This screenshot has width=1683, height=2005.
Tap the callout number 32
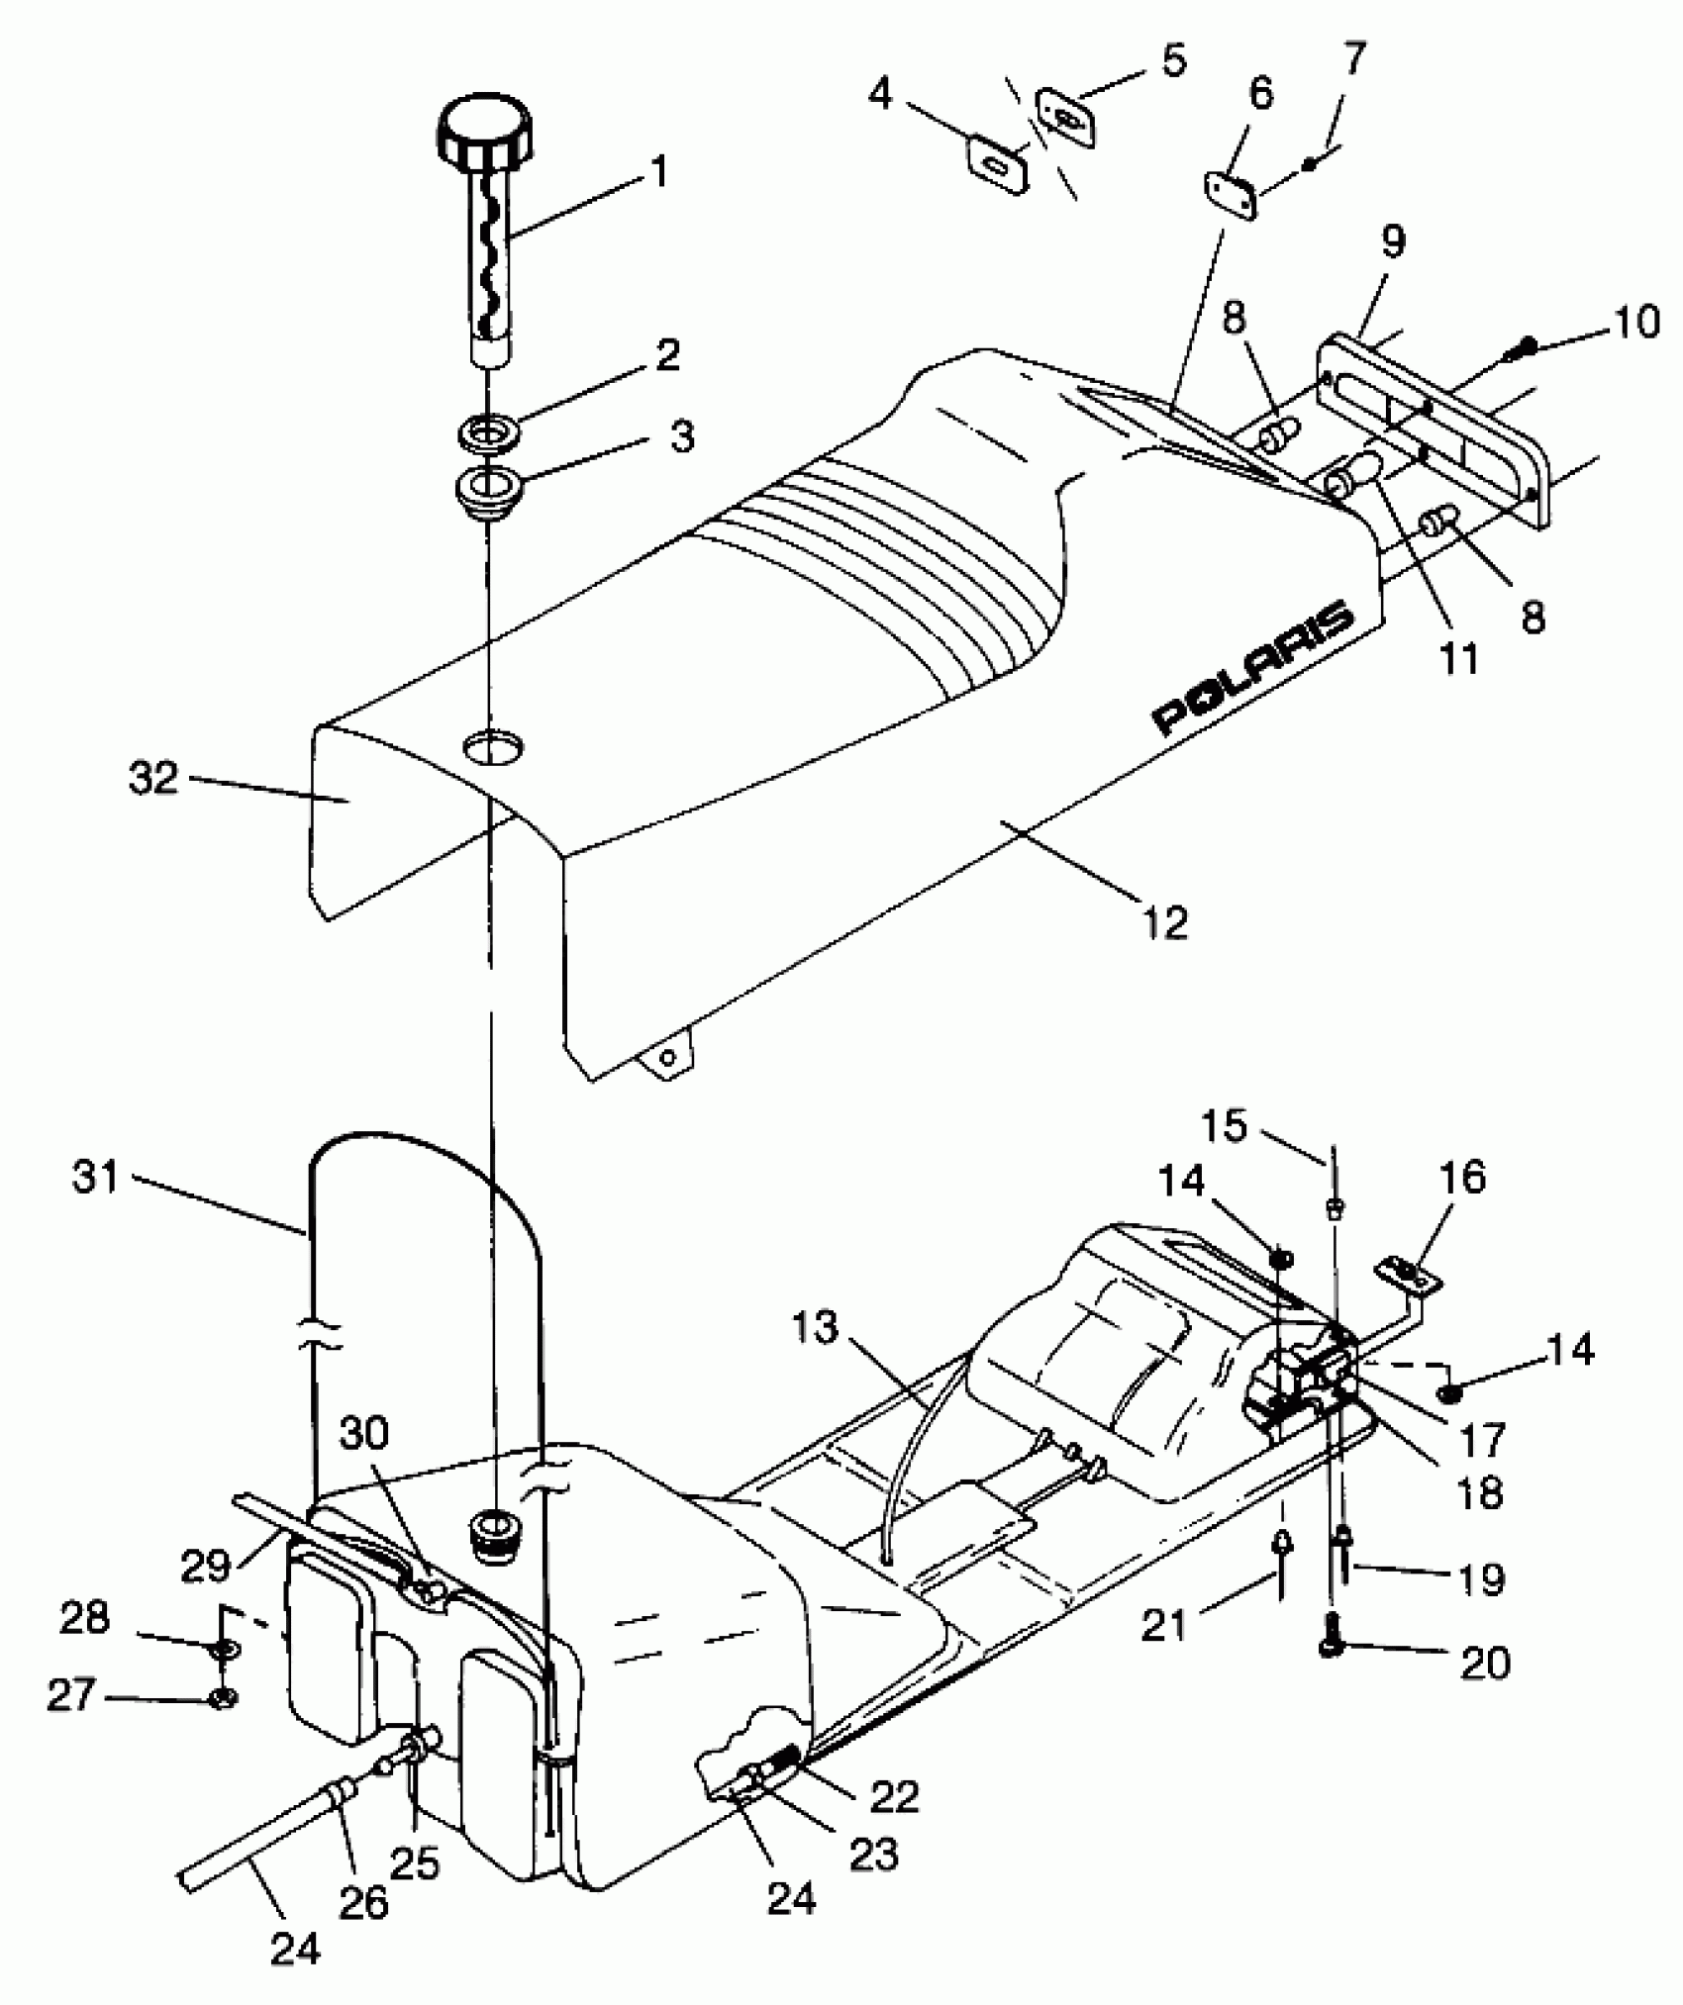(153, 779)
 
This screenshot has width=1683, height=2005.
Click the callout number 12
(1164, 922)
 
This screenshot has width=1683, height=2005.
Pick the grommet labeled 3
(486, 489)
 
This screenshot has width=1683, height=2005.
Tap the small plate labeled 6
(1231, 195)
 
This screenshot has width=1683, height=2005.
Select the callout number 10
(1637, 324)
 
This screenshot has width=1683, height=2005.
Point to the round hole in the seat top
(493, 746)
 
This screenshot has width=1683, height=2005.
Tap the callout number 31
(96, 1178)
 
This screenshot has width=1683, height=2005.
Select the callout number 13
(814, 1327)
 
